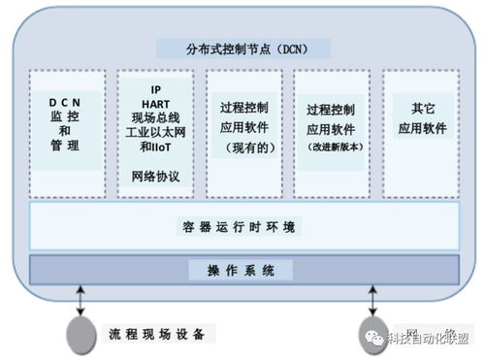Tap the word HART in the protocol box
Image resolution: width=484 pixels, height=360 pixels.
tap(155, 100)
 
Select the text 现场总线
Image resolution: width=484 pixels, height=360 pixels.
tap(155, 115)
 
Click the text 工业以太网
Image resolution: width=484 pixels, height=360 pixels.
tap(155, 131)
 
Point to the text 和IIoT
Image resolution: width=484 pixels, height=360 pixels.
tap(155, 147)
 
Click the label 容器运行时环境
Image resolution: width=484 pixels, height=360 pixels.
tap(243, 227)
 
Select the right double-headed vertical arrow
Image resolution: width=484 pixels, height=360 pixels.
tap(372, 295)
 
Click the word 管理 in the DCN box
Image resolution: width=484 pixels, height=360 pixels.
tap(67, 147)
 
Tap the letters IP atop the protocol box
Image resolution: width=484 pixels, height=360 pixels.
tap(155, 85)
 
